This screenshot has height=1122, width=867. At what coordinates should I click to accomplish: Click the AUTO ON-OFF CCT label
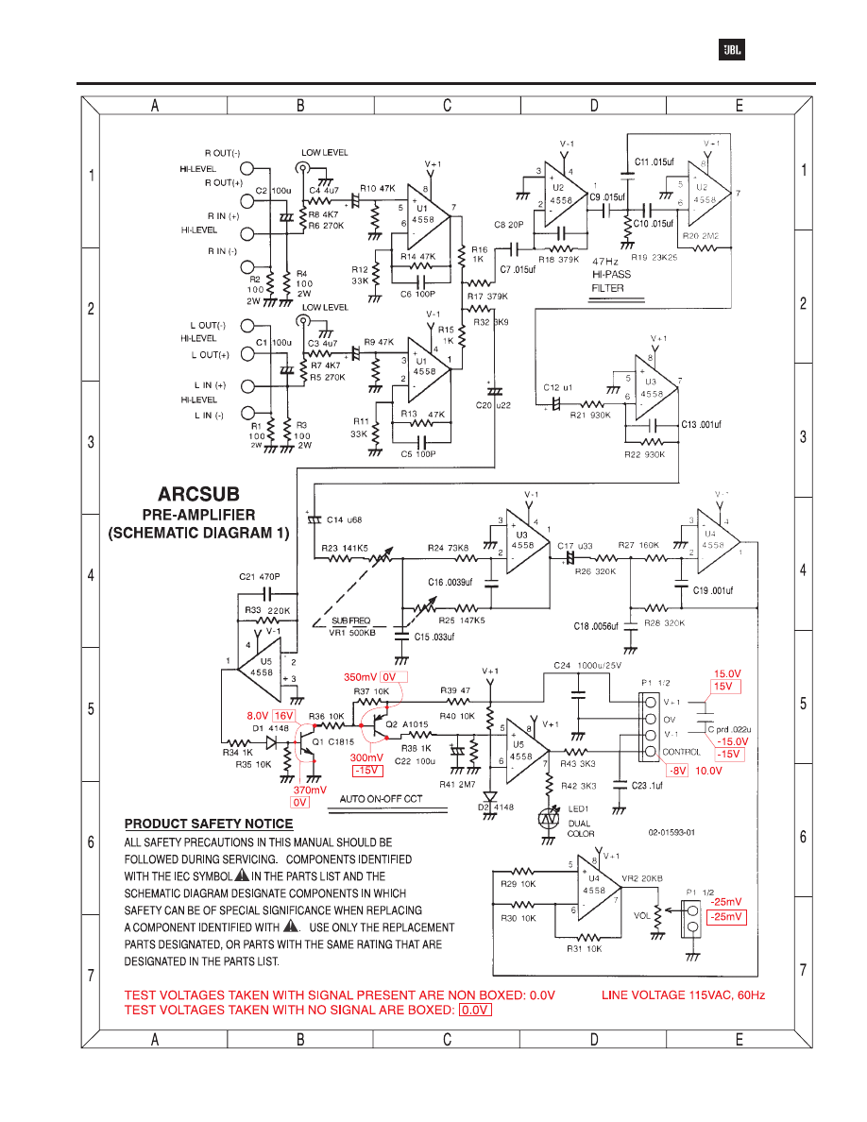point(381,799)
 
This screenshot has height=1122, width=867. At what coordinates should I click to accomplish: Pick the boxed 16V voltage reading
point(285,717)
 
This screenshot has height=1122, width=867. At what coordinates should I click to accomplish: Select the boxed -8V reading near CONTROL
point(676,771)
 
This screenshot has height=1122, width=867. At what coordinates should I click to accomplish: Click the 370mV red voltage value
point(310,789)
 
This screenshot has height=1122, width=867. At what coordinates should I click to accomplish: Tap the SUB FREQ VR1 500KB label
point(351,626)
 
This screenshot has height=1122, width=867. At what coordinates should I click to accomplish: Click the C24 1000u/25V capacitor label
point(588,666)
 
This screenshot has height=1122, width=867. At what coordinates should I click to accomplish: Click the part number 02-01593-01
point(671,832)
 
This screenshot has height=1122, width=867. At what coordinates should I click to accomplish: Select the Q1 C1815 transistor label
point(331,742)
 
